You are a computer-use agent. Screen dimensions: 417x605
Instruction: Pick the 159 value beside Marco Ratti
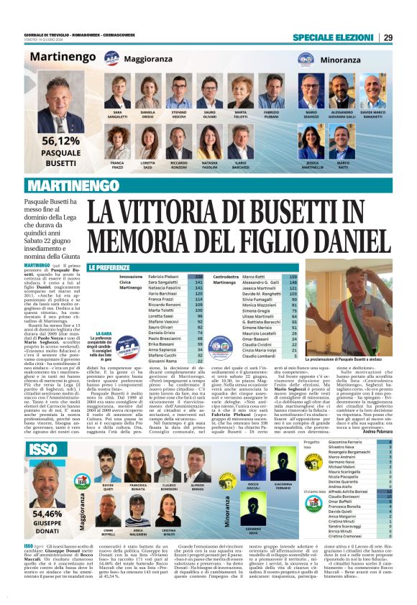click(293, 276)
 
